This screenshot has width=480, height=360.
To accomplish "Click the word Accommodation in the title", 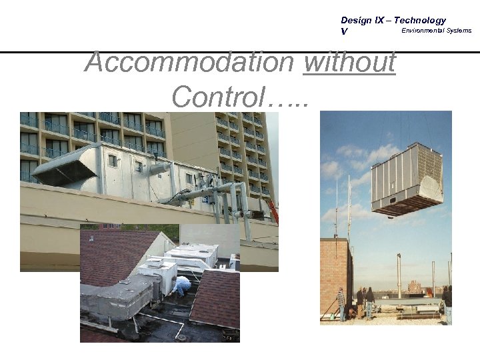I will (x=189, y=64).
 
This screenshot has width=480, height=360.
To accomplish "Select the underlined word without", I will (x=349, y=64).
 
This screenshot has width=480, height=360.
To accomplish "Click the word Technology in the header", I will (x=418, y=21).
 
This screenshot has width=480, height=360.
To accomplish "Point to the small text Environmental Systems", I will (x=436, y=31).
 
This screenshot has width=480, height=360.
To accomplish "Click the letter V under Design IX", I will (x=344, y=31).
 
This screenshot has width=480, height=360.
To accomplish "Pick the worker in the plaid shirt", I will (x=341, y=303).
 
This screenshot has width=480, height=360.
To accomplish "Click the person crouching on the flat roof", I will (x=181, y=285).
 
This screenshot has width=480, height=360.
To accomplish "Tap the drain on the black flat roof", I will (x=181, y=337).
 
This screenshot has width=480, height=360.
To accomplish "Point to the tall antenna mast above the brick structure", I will (x=349, y=207).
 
